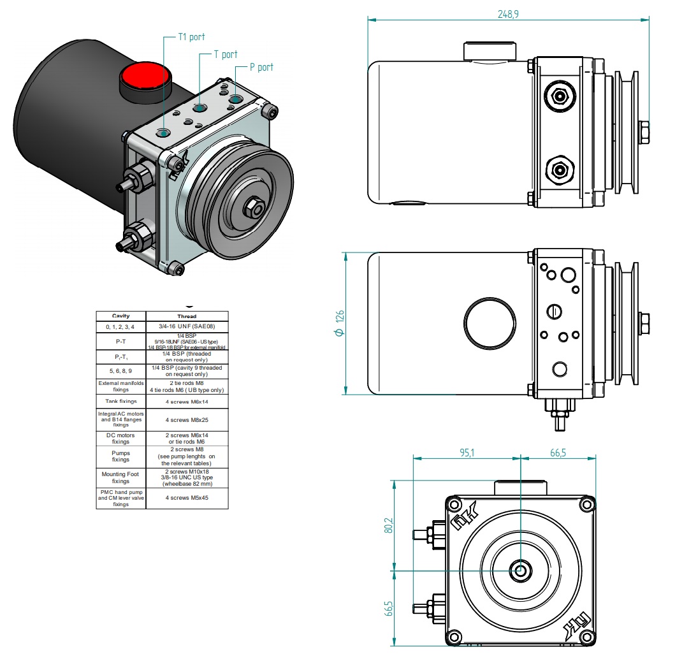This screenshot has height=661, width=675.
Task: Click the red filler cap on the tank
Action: [145, 76]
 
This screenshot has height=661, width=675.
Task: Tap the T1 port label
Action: [192, 38]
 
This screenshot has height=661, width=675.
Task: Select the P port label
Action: [261, 67]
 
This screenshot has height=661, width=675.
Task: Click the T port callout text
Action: [226, 55]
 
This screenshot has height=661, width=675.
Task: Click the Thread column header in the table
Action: [187, 316]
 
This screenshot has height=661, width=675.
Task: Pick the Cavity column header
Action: [121, 316]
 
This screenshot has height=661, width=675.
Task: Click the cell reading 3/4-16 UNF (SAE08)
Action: [187, 326]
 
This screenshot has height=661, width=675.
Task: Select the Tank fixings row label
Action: [121, 402]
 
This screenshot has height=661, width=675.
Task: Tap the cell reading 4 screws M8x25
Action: [187, 420]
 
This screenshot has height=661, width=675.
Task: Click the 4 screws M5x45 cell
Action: [187, 498]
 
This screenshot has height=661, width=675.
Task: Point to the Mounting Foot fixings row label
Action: [121, 477]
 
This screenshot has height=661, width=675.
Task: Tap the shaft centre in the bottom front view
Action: [521, 570]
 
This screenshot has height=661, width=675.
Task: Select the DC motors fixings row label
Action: [121, 438]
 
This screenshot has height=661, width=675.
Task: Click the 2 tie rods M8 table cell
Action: [187, 382]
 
